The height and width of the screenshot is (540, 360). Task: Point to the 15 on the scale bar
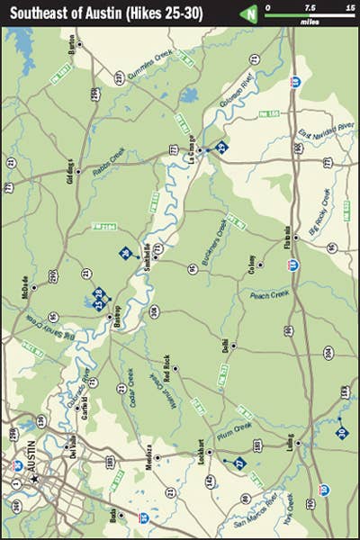click(x=347, y=7)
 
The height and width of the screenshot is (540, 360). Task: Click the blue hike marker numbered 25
click(x=221, y=147)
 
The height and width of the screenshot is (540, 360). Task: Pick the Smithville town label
click(x=148, y=253)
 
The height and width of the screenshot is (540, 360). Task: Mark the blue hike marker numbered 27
click(x=239, y=463)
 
